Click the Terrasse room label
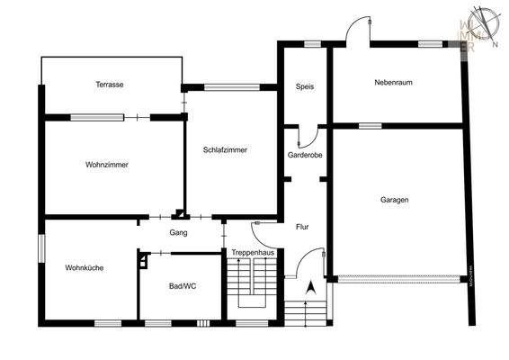[x=110, y=85]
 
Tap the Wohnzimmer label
[x=107, y=166]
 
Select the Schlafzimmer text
[x=225, y=150]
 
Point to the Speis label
[x=304, y=86]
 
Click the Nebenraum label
[x=393, y=83]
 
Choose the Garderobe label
[x=305, y=155]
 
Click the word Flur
[x=302, y=227]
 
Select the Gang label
[x=178, y=232]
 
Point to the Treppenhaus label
[x=253, y=253]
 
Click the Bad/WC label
[x=182, y=286]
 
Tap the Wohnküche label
[x=85, y=267]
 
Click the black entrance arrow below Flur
[x=310, y=288]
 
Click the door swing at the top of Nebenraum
[x=359, y=29]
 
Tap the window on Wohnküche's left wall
[x=40, y=248]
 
